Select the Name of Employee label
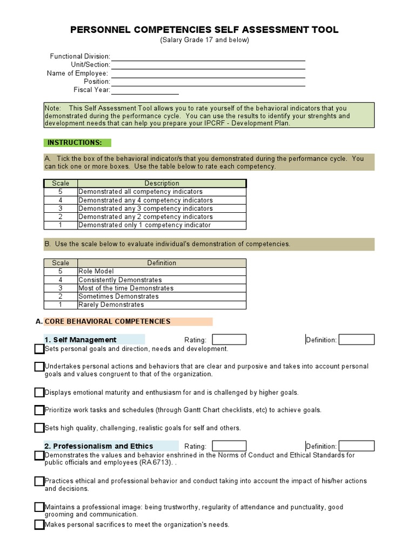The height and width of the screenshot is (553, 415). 77,73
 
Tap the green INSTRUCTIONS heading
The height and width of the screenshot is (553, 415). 77,143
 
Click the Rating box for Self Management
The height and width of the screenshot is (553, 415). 229,340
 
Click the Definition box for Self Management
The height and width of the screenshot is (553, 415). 356,340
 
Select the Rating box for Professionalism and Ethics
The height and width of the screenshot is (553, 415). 229,446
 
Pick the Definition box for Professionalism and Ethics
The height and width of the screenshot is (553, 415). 356,446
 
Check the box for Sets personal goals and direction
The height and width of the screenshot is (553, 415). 39,349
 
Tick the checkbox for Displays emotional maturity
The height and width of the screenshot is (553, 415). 39,393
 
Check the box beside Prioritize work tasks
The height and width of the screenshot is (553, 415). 39,410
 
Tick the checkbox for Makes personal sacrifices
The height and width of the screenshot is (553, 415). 39,524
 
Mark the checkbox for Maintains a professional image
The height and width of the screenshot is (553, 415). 39,507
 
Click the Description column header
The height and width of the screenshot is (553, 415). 162,184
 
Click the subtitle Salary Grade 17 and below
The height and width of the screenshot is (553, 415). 204,41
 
